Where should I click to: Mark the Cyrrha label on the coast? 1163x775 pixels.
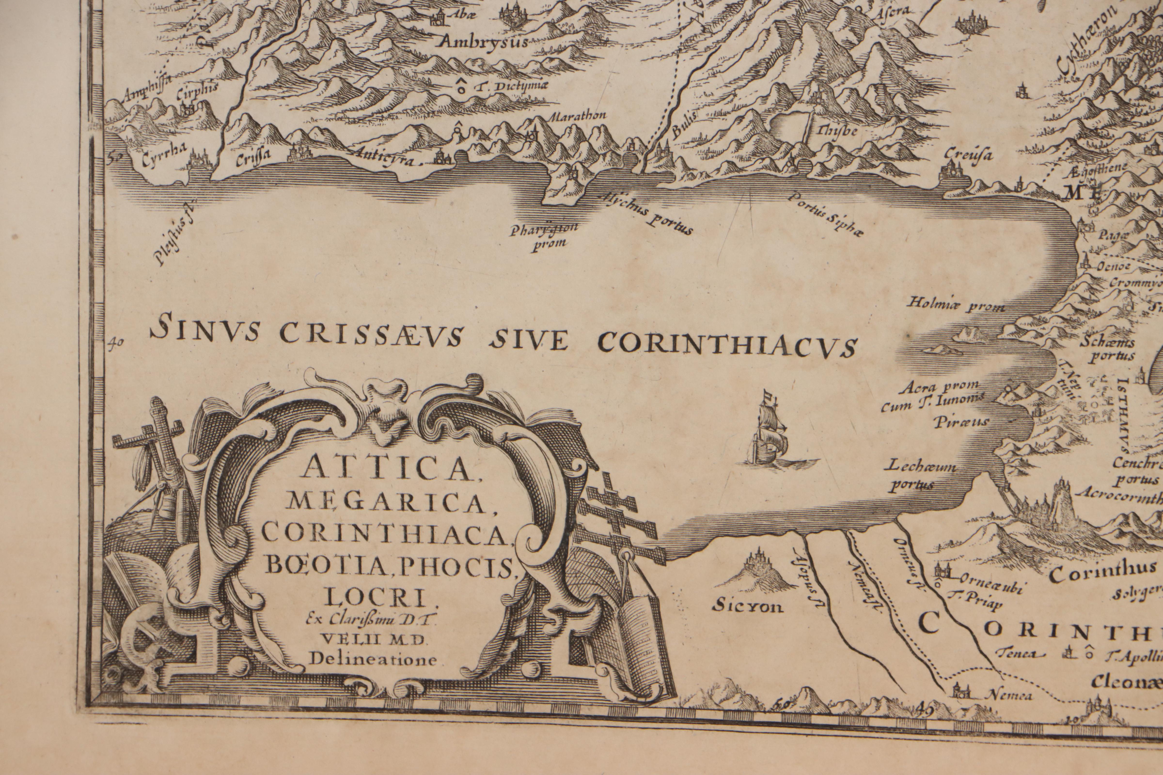pyautogui.click(x=163, y=161)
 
